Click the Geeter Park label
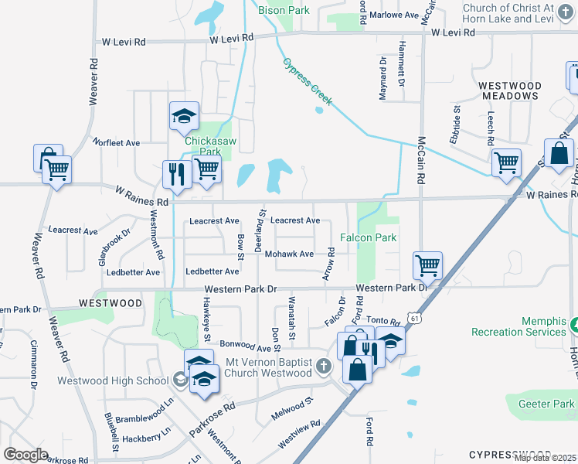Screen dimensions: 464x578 coord(546,403)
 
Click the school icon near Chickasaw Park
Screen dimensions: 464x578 coord(184,117)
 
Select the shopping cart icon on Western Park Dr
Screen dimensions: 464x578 coord(427,266)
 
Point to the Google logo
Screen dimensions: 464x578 coord(25,454)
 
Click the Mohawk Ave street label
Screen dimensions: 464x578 coord(289,254)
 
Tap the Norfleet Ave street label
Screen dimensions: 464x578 coord(116,142)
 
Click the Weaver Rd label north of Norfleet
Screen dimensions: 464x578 coord(94,78)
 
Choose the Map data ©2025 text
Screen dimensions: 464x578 coord(545,458)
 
